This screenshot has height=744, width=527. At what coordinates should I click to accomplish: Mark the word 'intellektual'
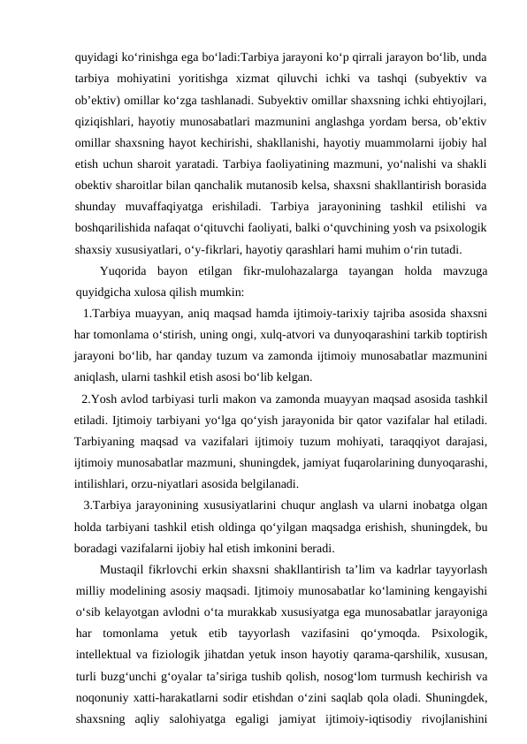click(107, 652)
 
